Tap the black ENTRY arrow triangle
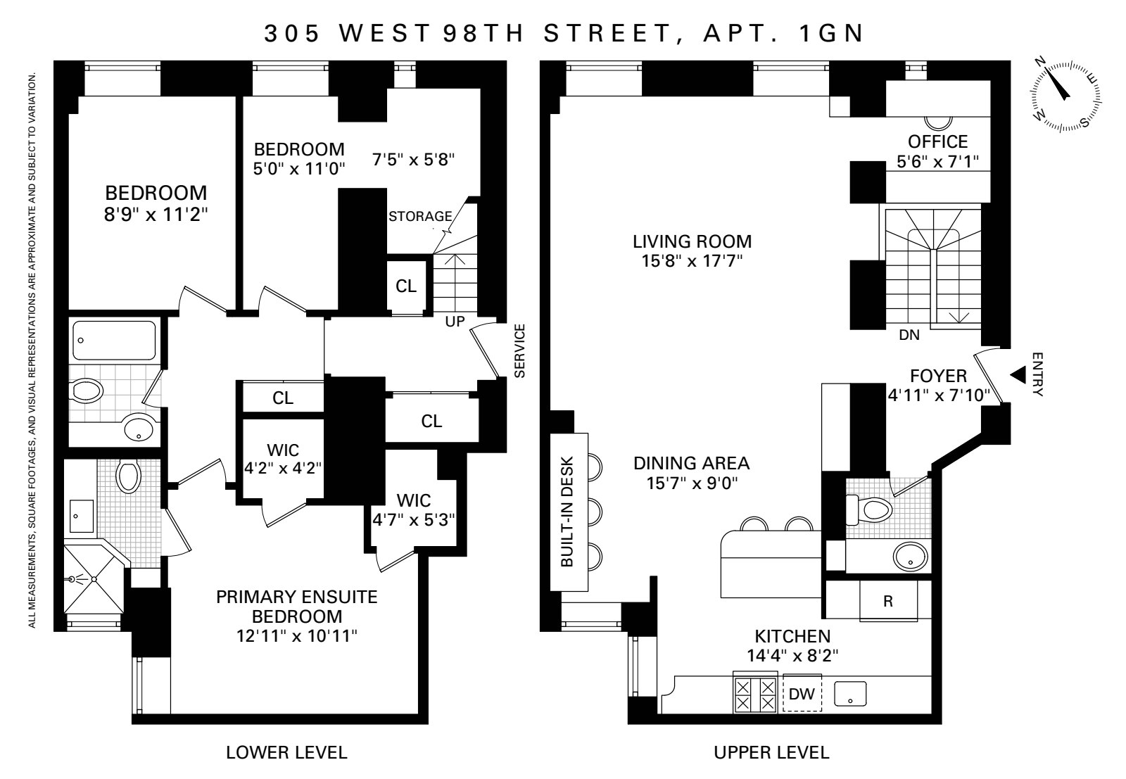pyautogui.click(x=1018, y=375)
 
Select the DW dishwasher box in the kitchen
pyautogui.click(x=802, y=694)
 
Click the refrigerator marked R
pyautogui.click(x=888, y=600)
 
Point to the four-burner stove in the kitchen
pyautogui.click(x=755, y=694)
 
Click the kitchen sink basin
pyautogui.click(x=851, y=694)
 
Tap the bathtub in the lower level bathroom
pyautogui.click(x=114, y=341)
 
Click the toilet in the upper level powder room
pyautogui.click(x=870, y=510)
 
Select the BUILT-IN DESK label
pyautogui.click(x=567, y=512)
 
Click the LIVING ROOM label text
pyautogui.click(x=692, y=242)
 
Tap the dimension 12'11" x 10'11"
pyautogui.click(x=297, y=635)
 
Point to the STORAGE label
pyautogui.click(x=420, y=216)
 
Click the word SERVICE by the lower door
pyautogui.click(x=520, y=351)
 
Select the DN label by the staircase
pyautogui.click(x=909, y=335)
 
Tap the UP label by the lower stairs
pyautogui.click(x=455, y=321)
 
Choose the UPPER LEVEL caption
pyautogui.click(x=771, y=752)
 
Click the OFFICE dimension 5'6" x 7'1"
pyautogui.click(x=938, y=162)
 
